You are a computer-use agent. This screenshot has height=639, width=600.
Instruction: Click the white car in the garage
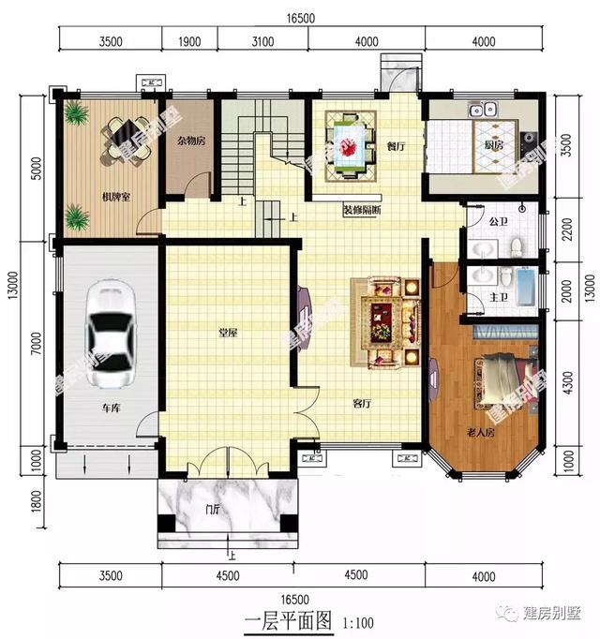point(112,334)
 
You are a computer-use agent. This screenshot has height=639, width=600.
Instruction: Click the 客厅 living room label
point(362,404)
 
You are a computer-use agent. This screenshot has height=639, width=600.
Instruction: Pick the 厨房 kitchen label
point(494,146)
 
